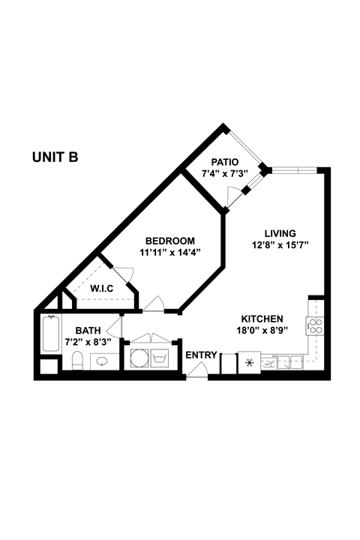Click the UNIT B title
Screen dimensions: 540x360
coord(55,157)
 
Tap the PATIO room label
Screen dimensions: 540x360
coord(224,162)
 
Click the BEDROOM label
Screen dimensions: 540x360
coord(170,241)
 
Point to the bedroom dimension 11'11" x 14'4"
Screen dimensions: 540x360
coord(170,253)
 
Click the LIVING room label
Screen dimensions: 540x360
coord(280,232)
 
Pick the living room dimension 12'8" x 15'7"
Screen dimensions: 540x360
coord(280,244)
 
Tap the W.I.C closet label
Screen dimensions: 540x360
coord(102,288)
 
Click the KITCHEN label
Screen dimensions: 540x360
coord(262,318)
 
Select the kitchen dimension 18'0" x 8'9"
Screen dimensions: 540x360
coord(262,330)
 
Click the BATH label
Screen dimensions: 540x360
coord(87,330)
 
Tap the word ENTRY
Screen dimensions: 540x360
coord(201,355)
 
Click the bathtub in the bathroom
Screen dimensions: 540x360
coord(50,334)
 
